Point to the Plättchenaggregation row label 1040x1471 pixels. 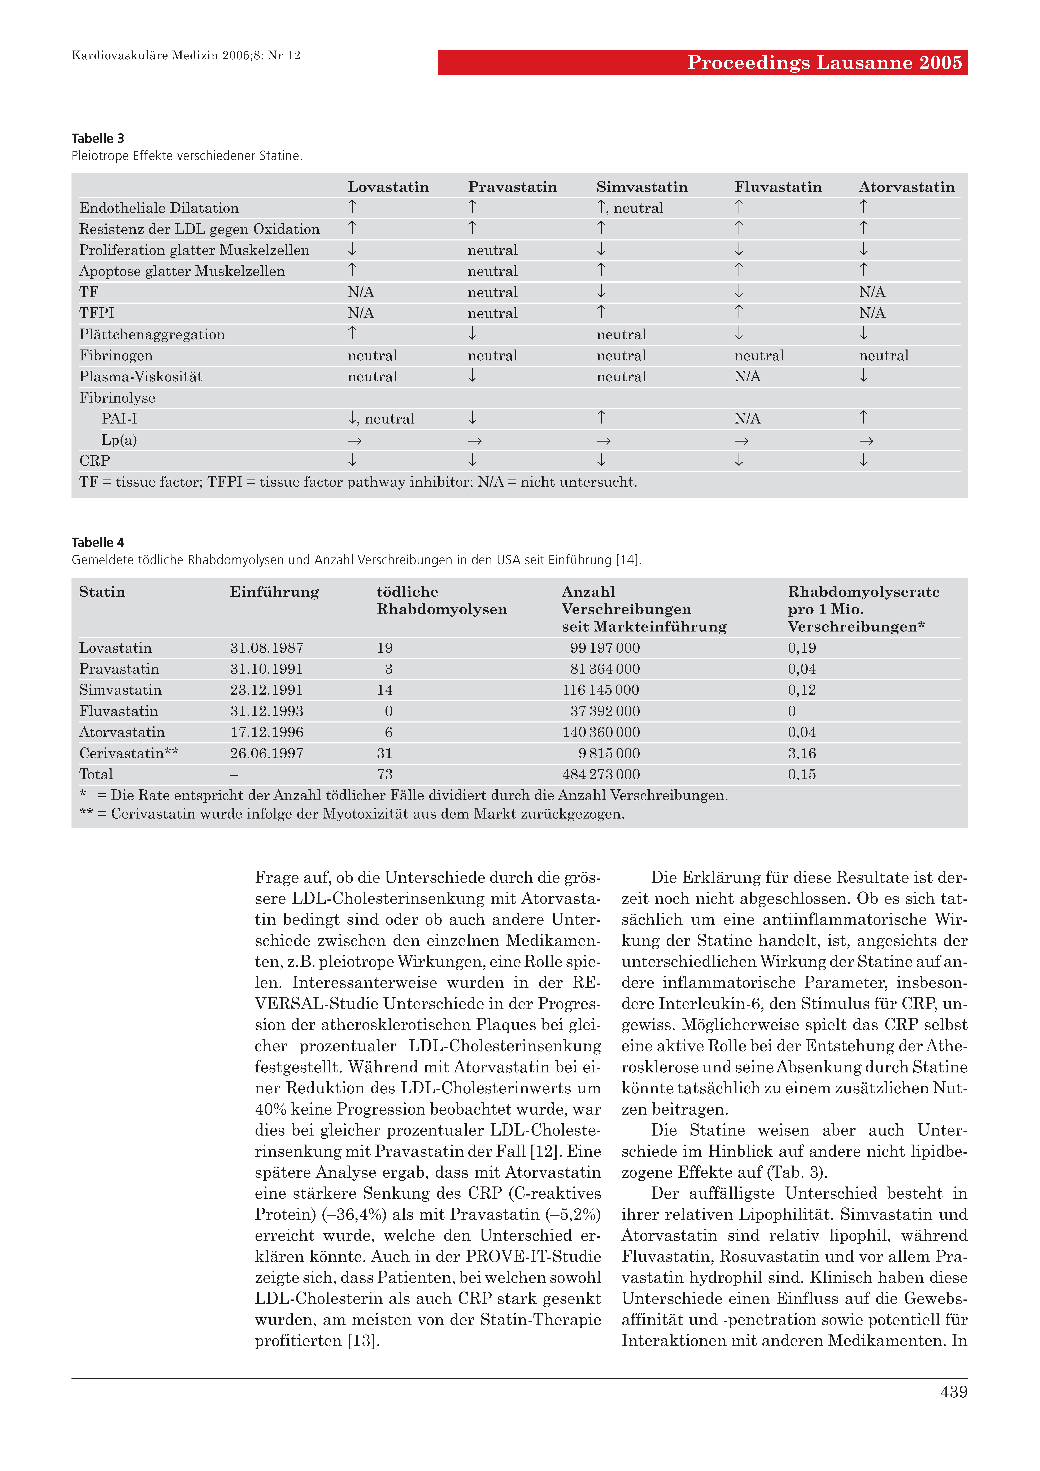click(152, 334)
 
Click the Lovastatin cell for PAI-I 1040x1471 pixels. click(381, 419)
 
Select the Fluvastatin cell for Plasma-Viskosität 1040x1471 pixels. click(747, 377)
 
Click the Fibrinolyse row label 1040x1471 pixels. click(117, 398)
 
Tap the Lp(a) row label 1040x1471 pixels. click(119, 440)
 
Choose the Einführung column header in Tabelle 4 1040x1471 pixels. click(274, 592)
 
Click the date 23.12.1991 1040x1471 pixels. click(267, 690)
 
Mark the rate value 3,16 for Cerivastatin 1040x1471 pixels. click(802, 754)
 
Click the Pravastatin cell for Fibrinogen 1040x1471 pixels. click(492, 356)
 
